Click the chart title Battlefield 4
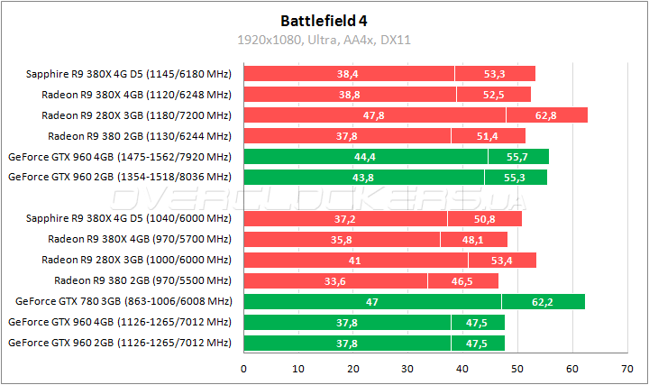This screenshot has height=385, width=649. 324,20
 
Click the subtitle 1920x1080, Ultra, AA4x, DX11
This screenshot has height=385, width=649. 324,40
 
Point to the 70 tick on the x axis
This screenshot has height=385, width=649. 626,369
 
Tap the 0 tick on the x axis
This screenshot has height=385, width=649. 243,369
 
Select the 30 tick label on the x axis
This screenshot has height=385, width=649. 407,369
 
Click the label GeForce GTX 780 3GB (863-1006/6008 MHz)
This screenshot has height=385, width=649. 123,301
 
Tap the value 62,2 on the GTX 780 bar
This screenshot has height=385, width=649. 543,301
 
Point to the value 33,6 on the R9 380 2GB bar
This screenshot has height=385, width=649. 335,280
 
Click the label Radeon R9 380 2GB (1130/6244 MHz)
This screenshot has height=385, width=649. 140,136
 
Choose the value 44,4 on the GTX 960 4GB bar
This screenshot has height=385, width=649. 365,157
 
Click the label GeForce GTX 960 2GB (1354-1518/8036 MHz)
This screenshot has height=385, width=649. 120,178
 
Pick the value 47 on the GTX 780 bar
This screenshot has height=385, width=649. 372,301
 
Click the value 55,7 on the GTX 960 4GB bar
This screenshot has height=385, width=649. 518,157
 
